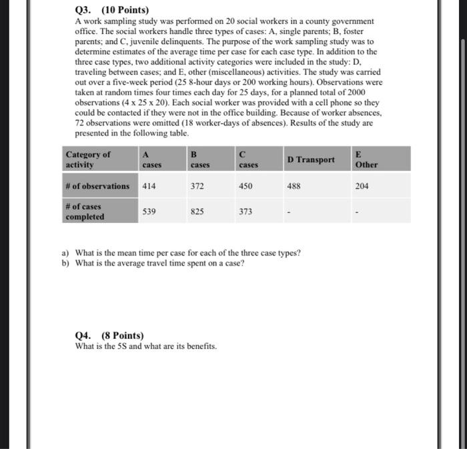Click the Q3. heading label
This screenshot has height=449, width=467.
85,11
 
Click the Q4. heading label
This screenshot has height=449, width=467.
85,336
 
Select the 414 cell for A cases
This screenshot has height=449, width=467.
149,186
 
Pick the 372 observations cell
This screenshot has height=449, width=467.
197,186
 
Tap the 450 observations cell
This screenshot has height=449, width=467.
246,186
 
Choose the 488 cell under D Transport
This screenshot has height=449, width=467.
294,186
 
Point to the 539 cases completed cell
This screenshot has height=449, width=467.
149,211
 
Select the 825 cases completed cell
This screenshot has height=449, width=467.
197,211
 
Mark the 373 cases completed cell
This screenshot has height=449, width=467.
246,211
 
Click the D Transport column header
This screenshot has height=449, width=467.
311,159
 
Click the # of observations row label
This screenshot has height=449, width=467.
98,186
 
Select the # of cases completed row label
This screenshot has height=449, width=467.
85,211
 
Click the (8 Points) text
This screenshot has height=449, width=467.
122,336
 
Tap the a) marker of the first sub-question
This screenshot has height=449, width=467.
65,253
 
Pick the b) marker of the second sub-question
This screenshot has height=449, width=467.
65,263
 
